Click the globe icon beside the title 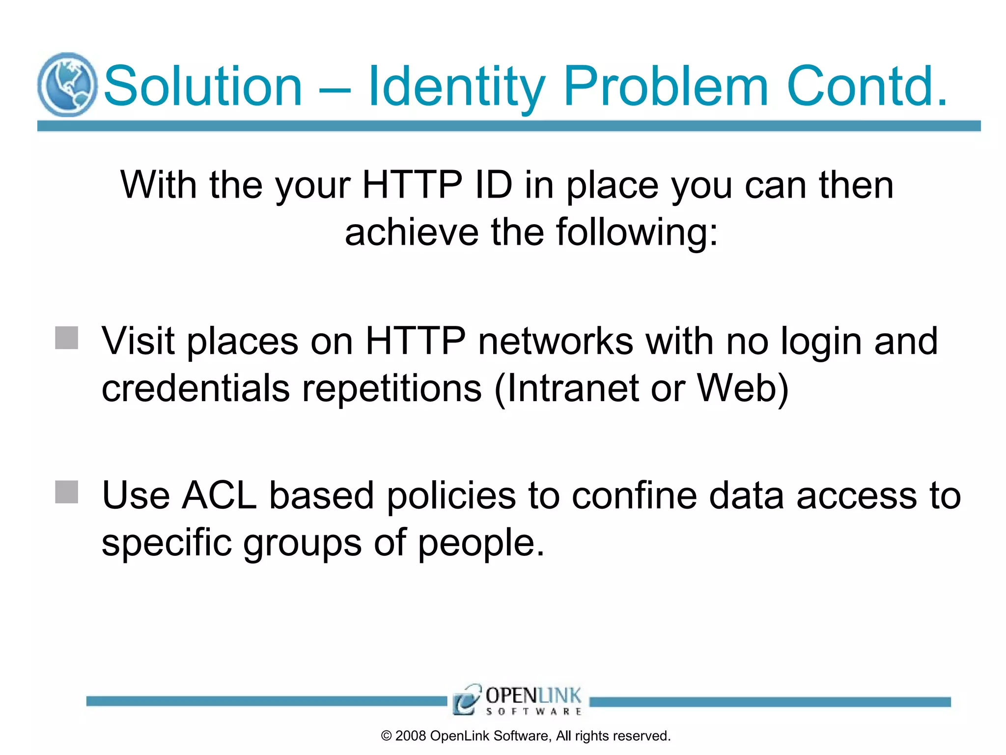pos(67,85)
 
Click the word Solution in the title pos(203,87)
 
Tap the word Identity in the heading pos(456,87)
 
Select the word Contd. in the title pos(867,87)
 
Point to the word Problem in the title pos(666,87)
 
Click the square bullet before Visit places pos(67,338)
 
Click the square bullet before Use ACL pos(67,492)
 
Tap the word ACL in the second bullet pos(219,495)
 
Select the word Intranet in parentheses pos(572,388)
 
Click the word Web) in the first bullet pos(743,388)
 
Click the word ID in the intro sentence pos(494,185)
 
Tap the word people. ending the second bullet pos(481,543)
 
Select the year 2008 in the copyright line pos(411,736)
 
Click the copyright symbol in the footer pos(387,736)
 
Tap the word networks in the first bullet pos(556,341)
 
